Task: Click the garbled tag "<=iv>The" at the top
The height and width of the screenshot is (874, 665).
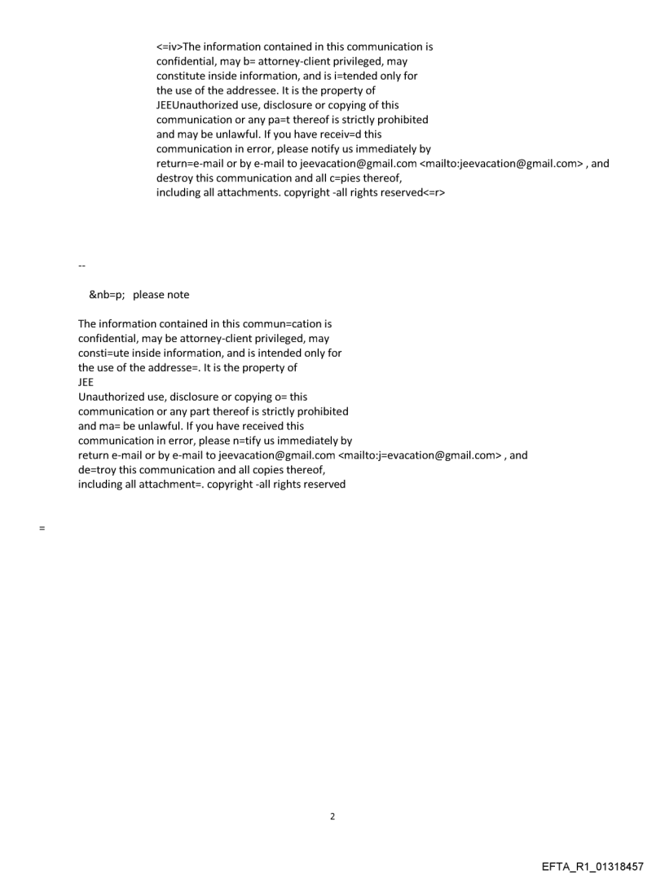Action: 180,46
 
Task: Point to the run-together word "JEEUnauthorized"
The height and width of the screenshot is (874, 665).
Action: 197,105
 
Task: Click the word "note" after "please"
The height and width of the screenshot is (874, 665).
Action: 177,295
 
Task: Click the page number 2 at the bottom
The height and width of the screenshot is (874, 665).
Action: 332,816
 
